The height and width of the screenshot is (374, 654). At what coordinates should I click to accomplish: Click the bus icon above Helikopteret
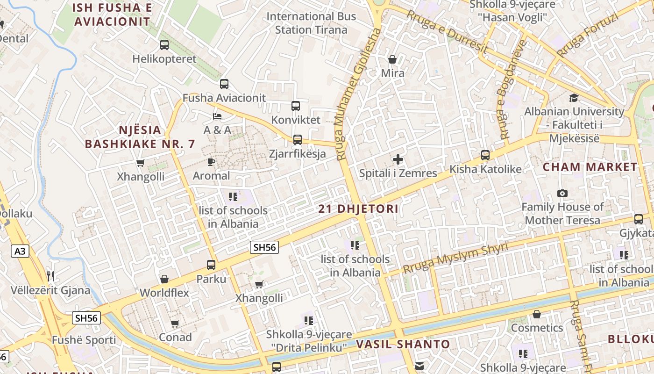coord(164,45)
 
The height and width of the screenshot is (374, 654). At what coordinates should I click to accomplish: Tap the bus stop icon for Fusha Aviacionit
coord(224,84)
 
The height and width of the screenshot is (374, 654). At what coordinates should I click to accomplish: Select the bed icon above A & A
coord(217,116)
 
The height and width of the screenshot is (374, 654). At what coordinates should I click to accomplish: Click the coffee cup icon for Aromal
coord(211,162)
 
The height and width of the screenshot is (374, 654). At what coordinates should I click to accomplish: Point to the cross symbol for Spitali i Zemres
coord(398,159)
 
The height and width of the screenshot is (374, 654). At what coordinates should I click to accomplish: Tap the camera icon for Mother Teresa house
coord(562,193)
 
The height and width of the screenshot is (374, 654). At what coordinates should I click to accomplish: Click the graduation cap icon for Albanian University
coord(574,98)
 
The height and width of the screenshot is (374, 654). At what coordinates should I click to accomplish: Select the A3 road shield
coord(20,252)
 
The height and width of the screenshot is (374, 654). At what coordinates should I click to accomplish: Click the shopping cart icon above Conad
coord(175,324)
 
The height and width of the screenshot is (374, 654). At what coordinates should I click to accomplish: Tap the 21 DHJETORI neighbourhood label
coord(358,209)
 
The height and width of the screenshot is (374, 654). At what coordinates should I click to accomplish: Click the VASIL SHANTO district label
coord(403,345)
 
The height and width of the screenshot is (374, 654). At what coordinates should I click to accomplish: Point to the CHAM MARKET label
coord(590,167)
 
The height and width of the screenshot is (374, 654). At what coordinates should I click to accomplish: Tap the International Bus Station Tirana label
coord(311,23)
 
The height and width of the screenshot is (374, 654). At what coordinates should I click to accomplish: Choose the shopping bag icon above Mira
coord(392,59)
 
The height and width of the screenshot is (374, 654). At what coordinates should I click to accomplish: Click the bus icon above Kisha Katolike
coord(485,155)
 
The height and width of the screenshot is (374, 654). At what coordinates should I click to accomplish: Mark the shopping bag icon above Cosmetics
coord(537,314)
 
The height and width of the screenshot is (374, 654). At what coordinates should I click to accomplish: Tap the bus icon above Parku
coord(211,265)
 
